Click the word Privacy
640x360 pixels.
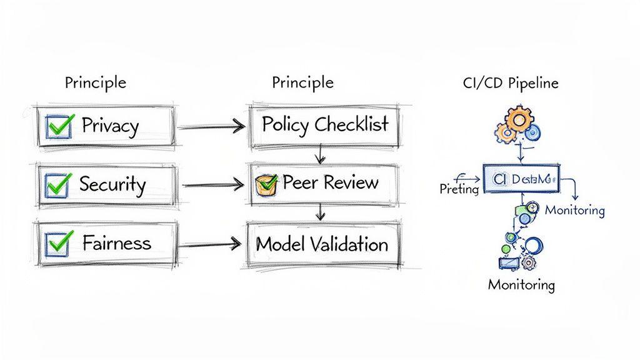click(110, 126)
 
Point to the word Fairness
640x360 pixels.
click(117, 242)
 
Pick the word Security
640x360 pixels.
click(112, 184)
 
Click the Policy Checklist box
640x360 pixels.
click(324, 125)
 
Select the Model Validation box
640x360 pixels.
click(322, 244)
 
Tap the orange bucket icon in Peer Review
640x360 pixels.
click(267, 184)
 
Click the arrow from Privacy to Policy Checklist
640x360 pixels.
click(211, 127)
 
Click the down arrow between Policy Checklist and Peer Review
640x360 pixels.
click(320, 154)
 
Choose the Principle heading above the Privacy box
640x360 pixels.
click(95, 82)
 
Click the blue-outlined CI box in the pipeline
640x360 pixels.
click(521, 179)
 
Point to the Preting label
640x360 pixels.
click(459, 189)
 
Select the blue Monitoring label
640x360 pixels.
click(574, 210)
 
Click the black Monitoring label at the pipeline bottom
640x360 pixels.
click(521, 285)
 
